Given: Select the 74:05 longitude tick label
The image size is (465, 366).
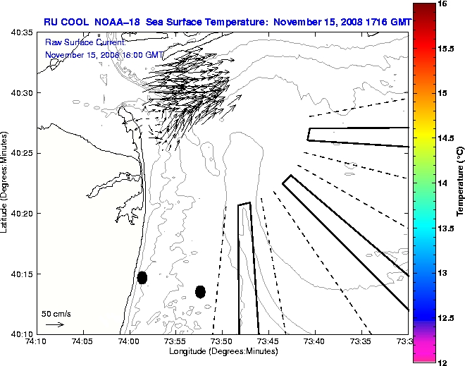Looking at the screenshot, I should (x=83, y=343).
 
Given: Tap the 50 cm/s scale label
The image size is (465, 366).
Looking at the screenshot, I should (x=56, y=313).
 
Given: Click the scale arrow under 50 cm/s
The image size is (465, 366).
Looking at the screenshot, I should (x=55, y=324).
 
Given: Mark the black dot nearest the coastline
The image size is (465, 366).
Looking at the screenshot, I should (x=142, y=277).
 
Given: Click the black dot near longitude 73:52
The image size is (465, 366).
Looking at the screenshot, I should (x=200, y=291).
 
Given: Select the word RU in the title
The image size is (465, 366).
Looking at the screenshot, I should (x=51, y=22).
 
